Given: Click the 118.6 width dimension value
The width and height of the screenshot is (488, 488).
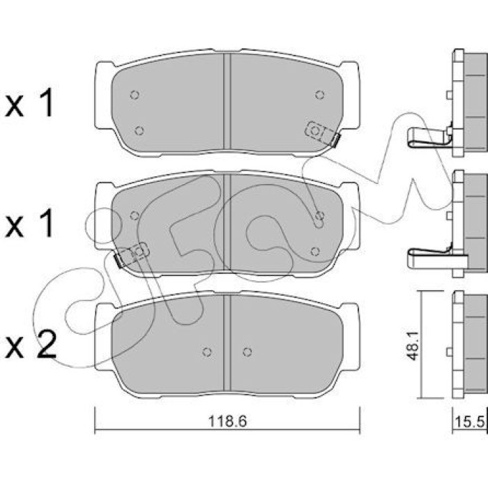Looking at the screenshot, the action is click(x=227, y=421).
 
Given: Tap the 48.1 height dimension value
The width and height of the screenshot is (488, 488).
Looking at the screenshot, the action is click(x=413, y=346).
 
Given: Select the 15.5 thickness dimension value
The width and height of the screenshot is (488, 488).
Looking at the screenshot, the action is click(x=470, y=422).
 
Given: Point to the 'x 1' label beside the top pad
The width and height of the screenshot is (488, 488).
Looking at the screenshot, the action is click(x=29, y=103).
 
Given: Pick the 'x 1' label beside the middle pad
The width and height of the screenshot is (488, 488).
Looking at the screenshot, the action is click(x=29, y=224).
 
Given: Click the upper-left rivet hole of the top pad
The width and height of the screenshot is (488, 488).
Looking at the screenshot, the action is click(x=135, y=95).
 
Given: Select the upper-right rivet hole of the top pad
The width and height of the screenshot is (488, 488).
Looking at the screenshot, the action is click(x=319, y=95).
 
